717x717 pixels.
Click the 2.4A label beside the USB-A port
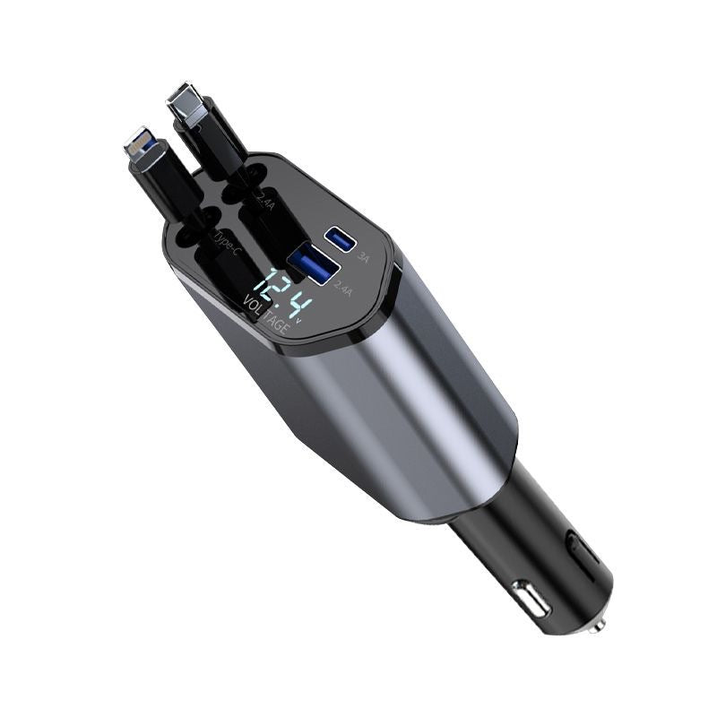[x=342, y=288]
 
